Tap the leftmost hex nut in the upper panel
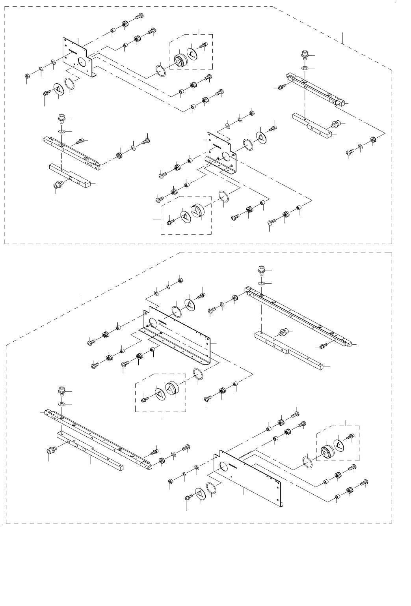pyautogui.click(x=27, y=75)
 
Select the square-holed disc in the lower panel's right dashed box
pyautogui.click(x=338, y=444)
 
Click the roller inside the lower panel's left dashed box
pyautogui.click(x=172, y=389)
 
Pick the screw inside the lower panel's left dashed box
pyautogui.click(x=145, y=399)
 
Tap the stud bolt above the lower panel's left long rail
pyautogui.click(x=61, y=392)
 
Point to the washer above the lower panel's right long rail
pyautogui.click(x=262, y=284)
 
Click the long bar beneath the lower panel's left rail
pyautogui.click(x=90, y=450)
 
